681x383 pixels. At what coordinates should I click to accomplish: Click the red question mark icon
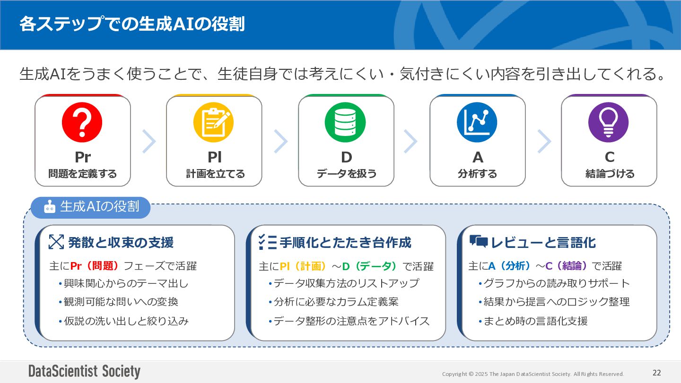82,122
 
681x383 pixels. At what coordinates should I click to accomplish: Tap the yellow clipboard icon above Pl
214,122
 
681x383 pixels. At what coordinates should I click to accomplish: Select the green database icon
345,122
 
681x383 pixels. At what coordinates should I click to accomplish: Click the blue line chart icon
477,122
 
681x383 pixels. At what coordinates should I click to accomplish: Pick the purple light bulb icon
608,122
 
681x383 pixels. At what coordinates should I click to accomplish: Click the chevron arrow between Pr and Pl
149,141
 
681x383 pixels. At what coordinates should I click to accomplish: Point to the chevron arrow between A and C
544,141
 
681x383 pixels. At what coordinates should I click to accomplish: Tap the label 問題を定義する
82,174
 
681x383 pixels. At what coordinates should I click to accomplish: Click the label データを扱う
346,174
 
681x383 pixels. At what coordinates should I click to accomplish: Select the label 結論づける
610,174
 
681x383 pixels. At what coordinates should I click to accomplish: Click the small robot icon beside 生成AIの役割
50,207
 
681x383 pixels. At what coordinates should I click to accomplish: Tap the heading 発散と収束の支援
121,243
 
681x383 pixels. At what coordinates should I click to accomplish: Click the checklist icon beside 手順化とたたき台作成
267,242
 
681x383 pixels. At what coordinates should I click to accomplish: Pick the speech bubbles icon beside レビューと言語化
478,242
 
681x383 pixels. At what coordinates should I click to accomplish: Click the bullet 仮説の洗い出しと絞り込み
126,321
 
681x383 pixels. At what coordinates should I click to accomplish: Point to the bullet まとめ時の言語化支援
535,321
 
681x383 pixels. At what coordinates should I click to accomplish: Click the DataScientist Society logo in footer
84,372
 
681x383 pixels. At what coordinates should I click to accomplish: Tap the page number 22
656,373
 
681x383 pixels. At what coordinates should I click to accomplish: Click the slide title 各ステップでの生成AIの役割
132,24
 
